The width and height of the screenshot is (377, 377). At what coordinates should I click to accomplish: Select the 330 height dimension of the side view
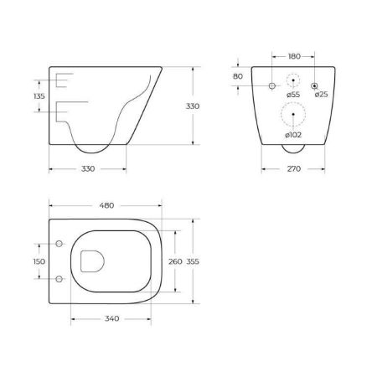[192, 106]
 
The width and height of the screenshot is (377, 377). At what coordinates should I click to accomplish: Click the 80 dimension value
[239, 76]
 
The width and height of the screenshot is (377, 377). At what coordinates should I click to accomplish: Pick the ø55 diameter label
[293, 95]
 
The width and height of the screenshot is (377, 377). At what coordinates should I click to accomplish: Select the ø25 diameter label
[321, 95]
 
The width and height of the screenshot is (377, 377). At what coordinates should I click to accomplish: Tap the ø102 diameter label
[292, 135]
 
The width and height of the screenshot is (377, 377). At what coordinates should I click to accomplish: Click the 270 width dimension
[292, 169]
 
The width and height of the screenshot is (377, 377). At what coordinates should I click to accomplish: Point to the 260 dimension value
[174, 261]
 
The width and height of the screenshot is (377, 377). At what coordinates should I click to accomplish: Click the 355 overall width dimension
[194, 261]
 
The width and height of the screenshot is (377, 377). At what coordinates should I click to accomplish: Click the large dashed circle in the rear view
[292, 115]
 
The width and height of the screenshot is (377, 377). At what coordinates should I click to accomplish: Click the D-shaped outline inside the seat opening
[91, 261]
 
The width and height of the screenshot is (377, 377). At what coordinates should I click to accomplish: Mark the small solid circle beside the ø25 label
[314, 86]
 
